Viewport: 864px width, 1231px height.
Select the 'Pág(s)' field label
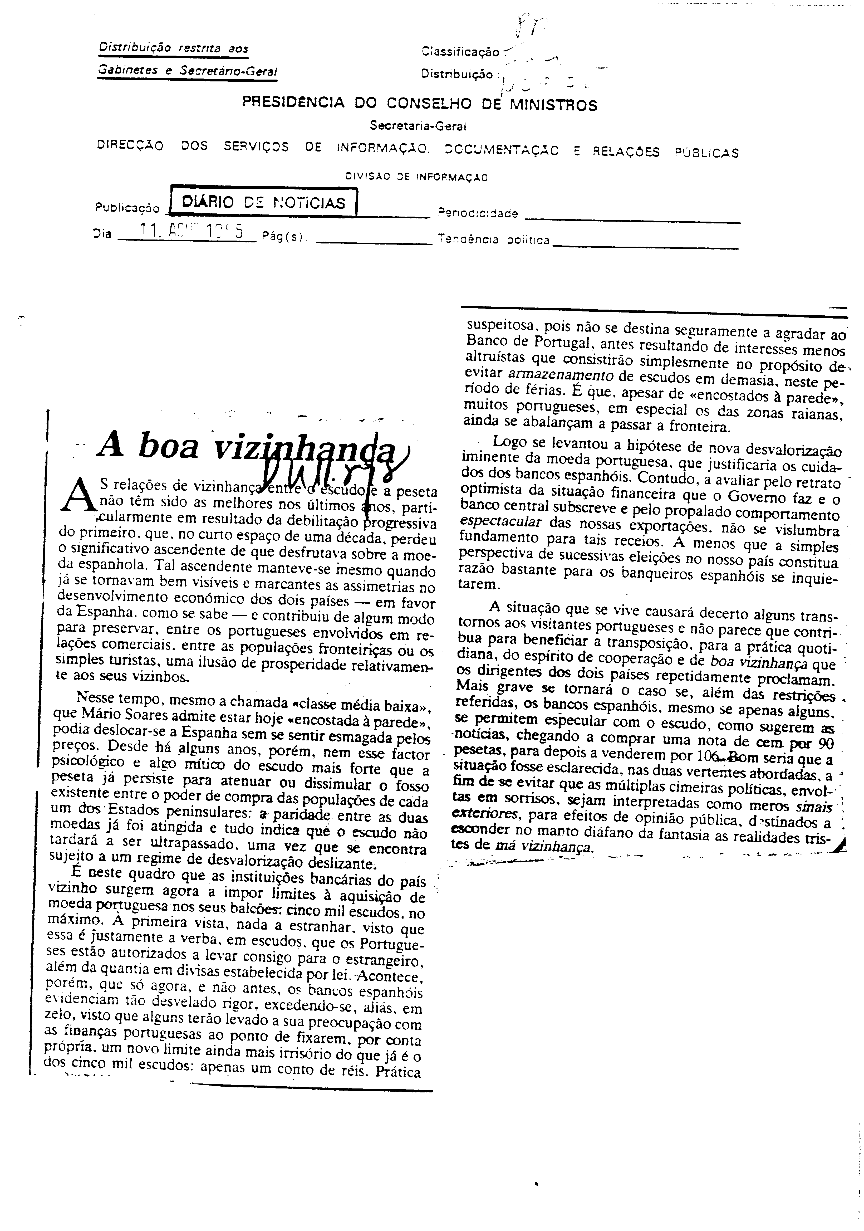(x=282, y=236)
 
